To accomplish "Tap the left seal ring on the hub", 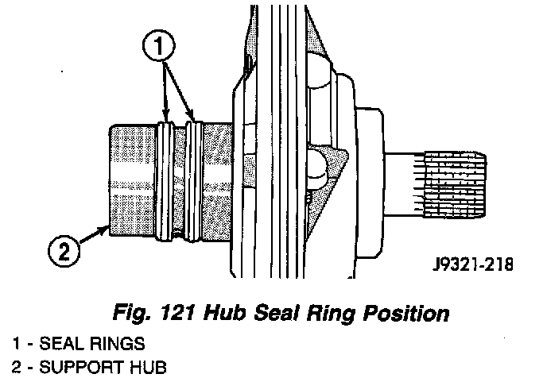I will coord(165,179).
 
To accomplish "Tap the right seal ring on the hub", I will coord(194,179).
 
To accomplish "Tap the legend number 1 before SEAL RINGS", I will coord(15,344).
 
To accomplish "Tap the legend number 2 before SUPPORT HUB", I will coord(16,368).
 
